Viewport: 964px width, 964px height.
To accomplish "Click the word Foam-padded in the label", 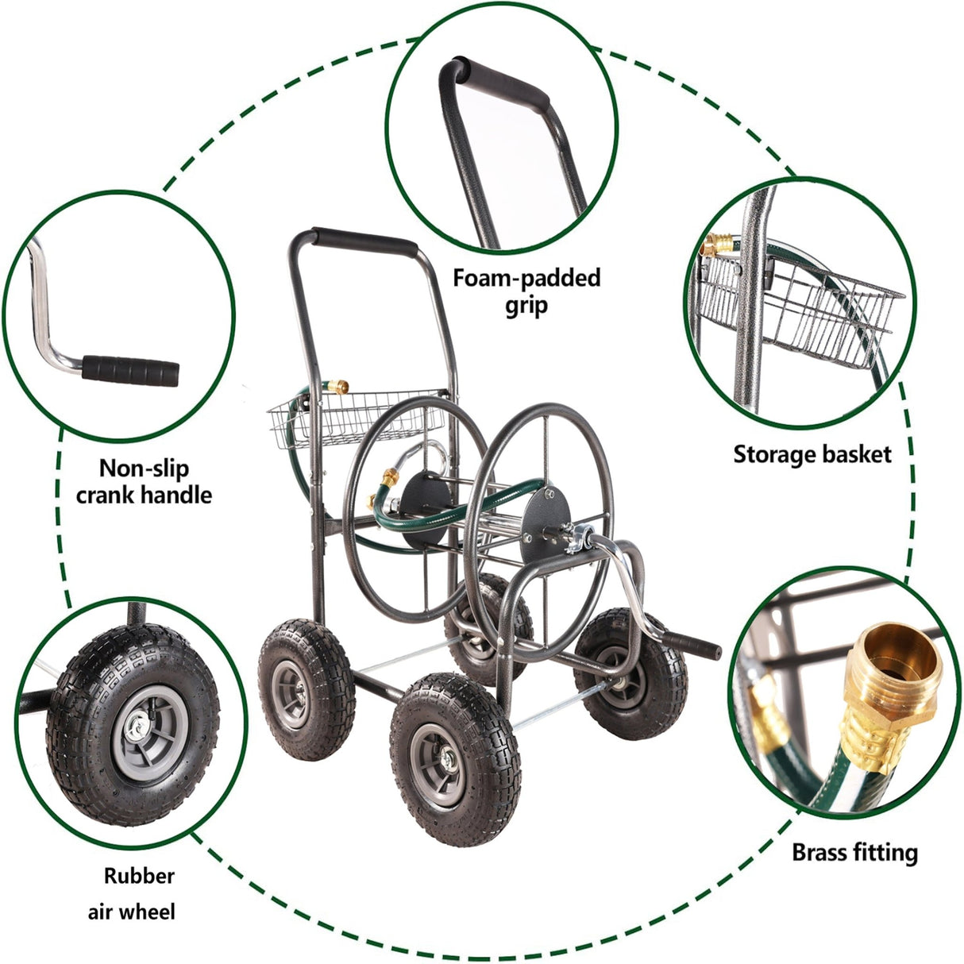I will coord(526,279).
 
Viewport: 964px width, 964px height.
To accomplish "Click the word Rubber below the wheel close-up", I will coord(139,876).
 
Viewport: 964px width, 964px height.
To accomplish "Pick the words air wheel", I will coord(131,911).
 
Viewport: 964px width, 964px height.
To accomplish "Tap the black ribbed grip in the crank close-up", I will coord(131,370).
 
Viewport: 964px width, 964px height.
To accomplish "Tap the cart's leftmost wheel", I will coord(306,688).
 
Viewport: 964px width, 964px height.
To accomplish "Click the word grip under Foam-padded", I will coord(526,306).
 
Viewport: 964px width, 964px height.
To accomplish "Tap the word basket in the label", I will coord(856,454).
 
